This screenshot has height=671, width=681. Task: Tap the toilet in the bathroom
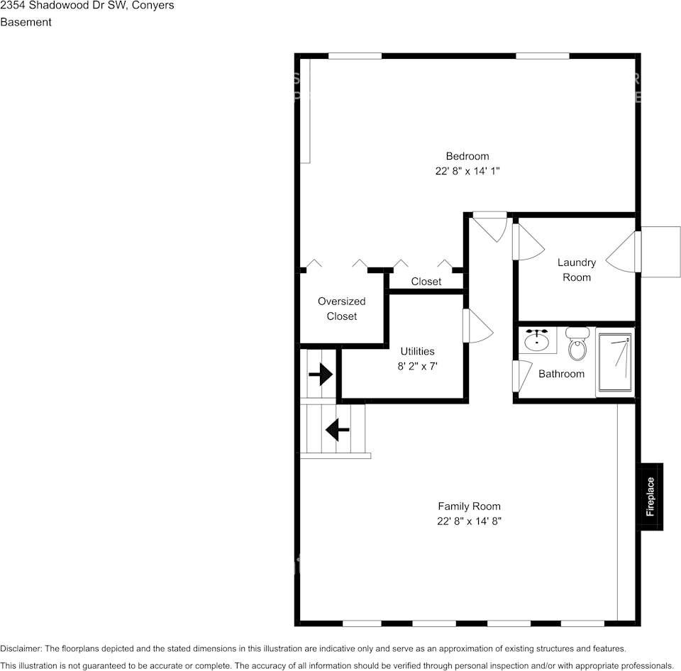pyautogui.click(x=578, y=344)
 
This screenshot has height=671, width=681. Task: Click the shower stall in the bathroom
pyautogui.click(x=615, y=363)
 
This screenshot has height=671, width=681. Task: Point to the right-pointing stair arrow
pyautogui.click(x=321, y=374)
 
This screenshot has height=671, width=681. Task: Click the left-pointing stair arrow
pyautogui.click(x=337, y=429)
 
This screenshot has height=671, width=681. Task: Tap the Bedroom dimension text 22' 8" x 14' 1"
pyautogui.click(x=467, y=171)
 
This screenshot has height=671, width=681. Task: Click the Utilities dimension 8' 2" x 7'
pyautogui.click(x=417, y=367)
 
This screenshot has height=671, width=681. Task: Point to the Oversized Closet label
pyautogui.click(x=341, y=309)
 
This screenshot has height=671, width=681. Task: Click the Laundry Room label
pyautogui.click(x=576, y=270)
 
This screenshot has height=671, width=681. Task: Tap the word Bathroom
pyautogui.click(x=561, y=374)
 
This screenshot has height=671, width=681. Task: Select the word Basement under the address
pyautogui.click(x=26, y=22)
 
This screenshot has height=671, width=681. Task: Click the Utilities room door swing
pyautogui.click(x=477, y=327)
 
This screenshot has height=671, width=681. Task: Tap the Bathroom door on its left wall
pyautogui.click(x=523, y=375)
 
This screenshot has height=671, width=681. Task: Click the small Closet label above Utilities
pyautogui.click(x=426, y=282)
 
